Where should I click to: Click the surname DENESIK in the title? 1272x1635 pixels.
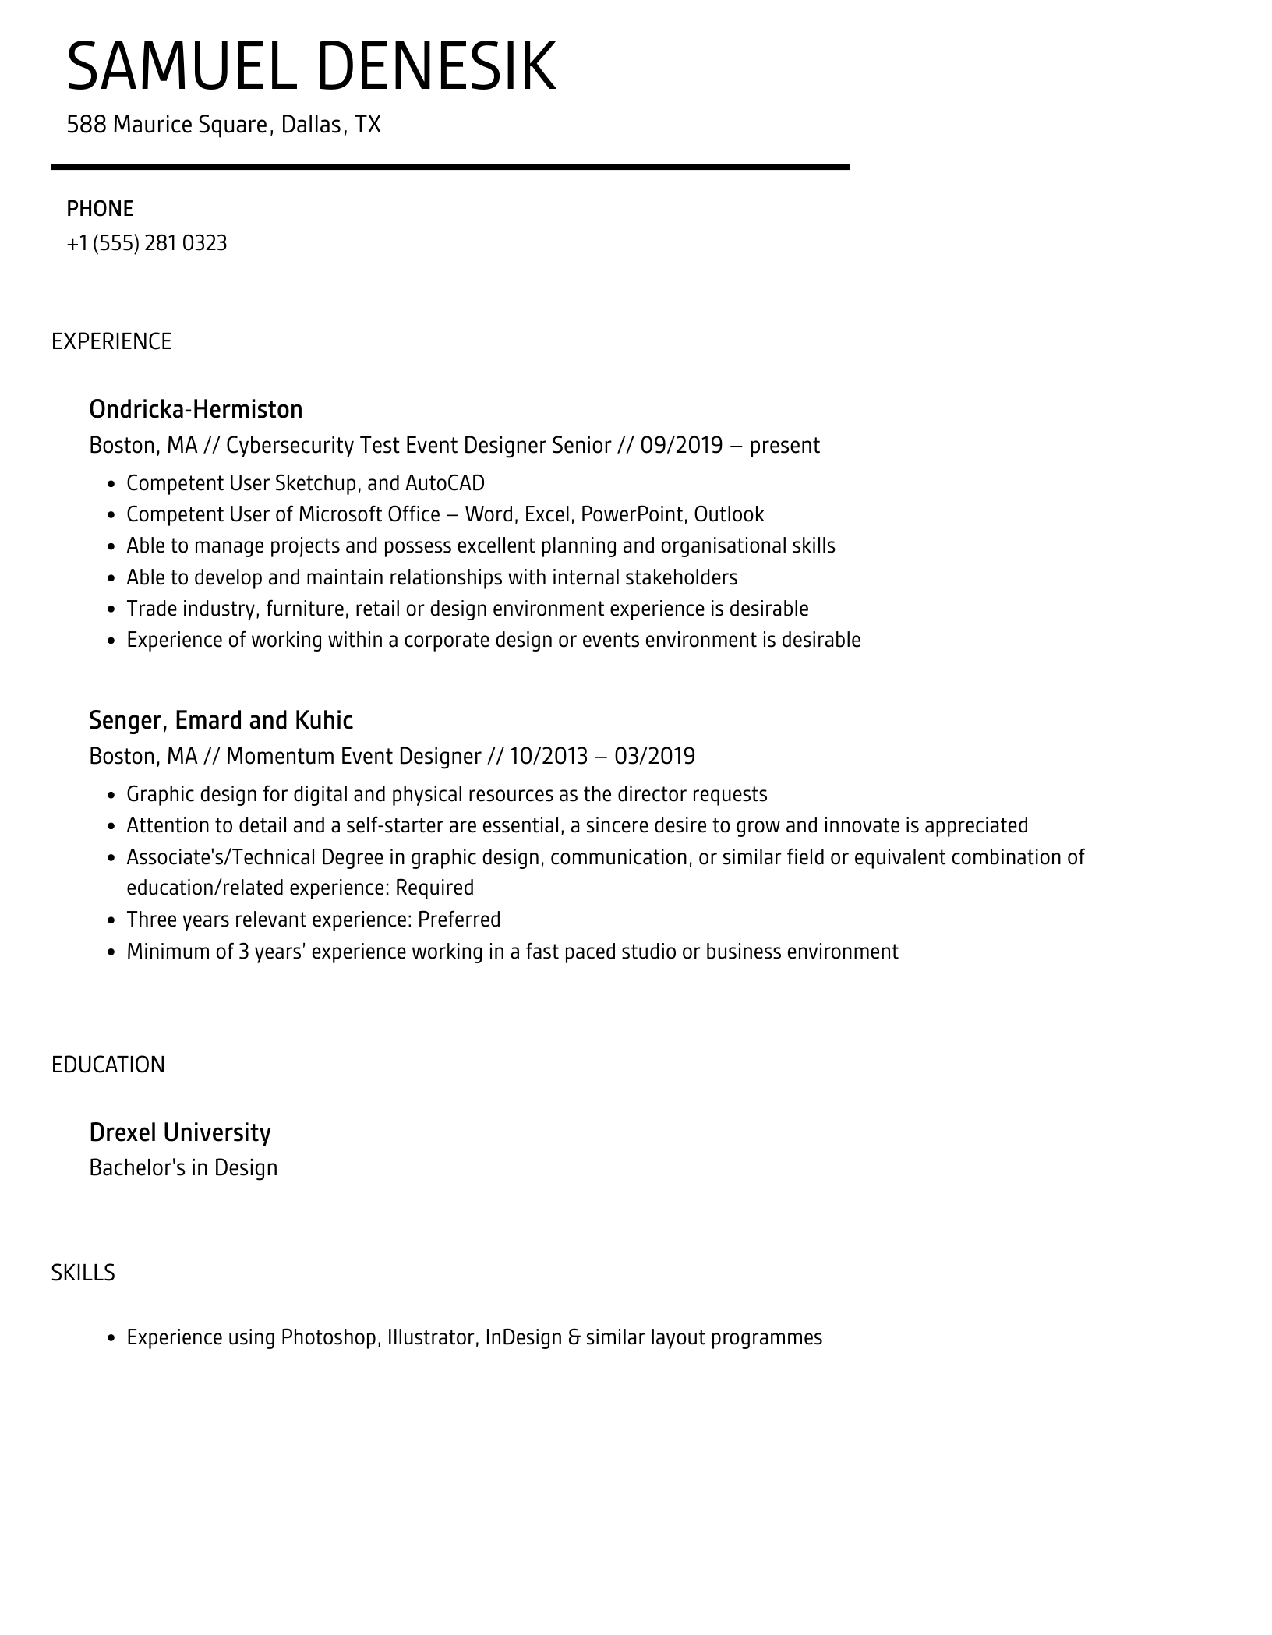436,66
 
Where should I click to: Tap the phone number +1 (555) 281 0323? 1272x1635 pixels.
147,243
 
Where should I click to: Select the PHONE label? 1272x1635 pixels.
100,209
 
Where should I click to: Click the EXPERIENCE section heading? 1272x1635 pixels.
111,341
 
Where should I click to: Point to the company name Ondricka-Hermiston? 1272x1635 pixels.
196,409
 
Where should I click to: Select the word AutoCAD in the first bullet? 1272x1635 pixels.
444,483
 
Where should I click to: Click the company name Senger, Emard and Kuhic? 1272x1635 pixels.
221,720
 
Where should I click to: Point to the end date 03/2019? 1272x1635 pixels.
655,756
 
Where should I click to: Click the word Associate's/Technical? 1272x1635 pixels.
255,857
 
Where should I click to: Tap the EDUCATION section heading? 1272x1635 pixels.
108,1065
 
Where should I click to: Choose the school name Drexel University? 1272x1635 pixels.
180,1132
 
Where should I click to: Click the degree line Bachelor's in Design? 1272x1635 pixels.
183,1167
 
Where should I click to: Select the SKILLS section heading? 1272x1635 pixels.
83,1273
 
